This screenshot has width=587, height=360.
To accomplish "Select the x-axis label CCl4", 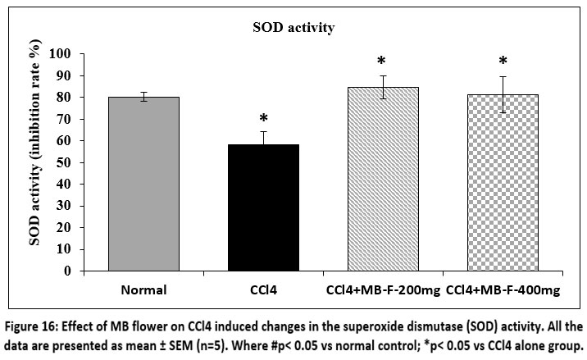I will pyautogui.click(x=264, y=289).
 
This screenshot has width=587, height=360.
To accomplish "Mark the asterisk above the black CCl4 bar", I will pyautogui.click(x=264, y=119).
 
